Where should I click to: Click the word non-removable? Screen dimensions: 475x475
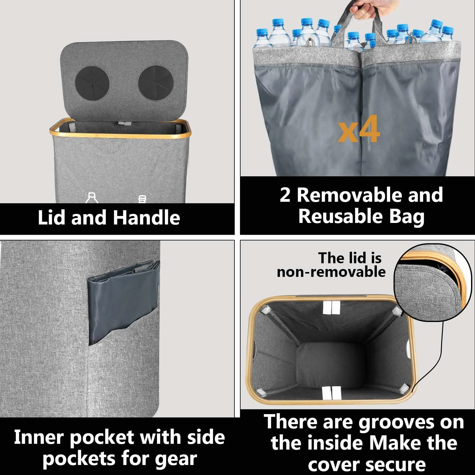click(x=331, y=272)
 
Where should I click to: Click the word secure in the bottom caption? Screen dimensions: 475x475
click(x=397, y=464)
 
